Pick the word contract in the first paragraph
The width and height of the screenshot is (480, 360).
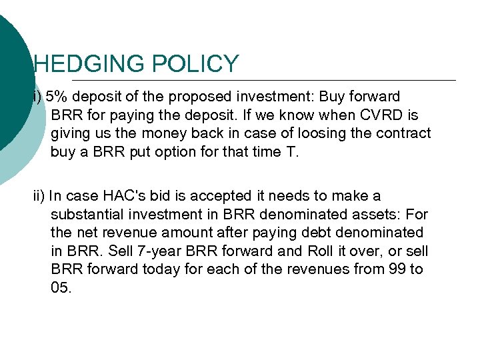click(405, 133)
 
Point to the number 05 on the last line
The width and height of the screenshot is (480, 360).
click(60, 287)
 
